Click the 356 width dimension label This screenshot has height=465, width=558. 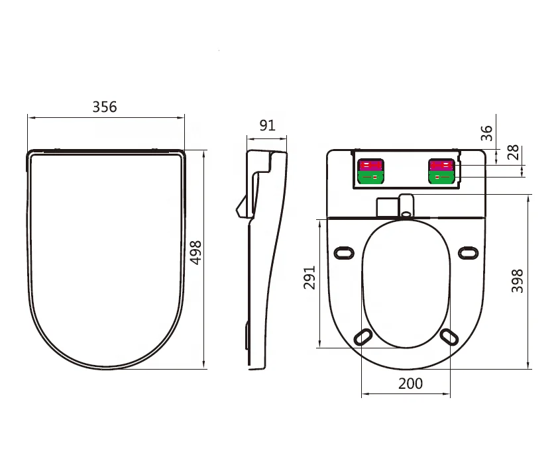point(105,107)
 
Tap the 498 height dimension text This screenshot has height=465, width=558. point(196,252)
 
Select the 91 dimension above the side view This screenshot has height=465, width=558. point(267,126)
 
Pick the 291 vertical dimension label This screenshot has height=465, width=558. point(309,278)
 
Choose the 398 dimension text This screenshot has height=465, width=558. point(518,280)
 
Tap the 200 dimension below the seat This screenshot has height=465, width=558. point(410,384)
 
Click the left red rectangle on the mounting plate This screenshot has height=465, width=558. point(370,165)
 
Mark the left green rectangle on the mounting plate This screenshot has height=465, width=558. point(370,177)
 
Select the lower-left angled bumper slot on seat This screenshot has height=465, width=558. point(363,336)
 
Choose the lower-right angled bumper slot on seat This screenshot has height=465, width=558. point(449,336)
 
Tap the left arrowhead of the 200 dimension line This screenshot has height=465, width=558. point(364,395)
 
